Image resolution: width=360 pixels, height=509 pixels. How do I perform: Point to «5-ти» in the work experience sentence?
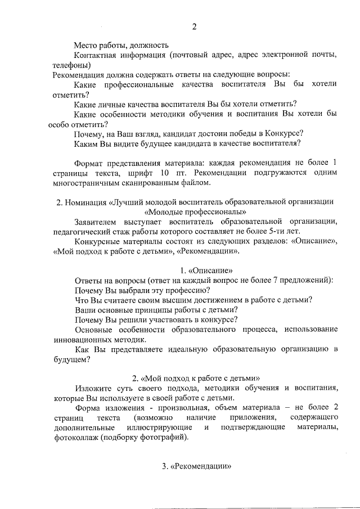[x=277, y=232]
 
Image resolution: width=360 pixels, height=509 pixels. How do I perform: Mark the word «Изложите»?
[x=92, y=388]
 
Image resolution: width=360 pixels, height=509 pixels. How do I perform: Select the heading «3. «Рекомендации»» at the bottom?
[x=196, y=466]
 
